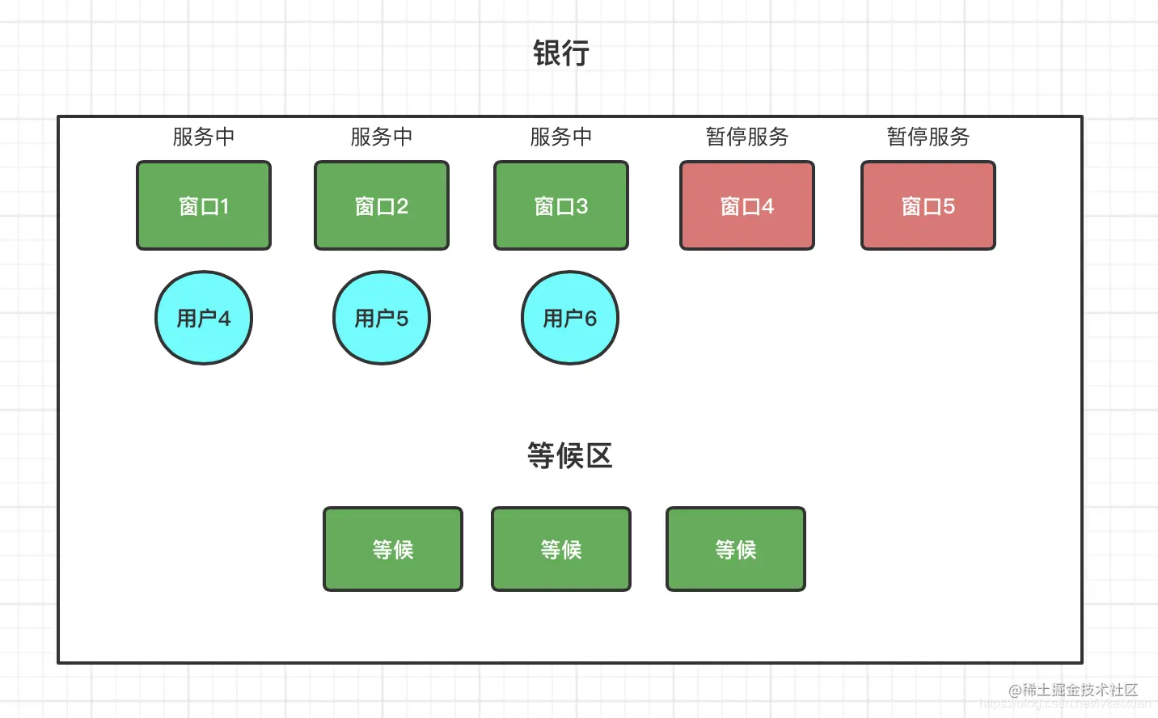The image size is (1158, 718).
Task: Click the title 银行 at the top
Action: (x=561, y=53)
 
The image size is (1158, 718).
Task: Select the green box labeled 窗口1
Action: (x=204, y=205)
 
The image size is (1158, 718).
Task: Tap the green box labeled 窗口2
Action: (x=382, y=205)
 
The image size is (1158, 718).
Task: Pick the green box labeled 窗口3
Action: (x=561, y=205)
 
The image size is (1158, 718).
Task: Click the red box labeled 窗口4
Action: (x=747, y=205)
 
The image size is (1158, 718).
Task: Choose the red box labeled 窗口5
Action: (x=928, y=205)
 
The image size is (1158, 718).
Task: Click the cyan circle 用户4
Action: (x=204, y=318)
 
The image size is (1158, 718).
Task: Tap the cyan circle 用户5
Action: (x=382, y=318)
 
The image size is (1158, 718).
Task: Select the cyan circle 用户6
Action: (x=570, y=318)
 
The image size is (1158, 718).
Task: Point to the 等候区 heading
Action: (x=570, y=456)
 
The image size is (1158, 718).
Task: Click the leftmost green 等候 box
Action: (x=393, y=550)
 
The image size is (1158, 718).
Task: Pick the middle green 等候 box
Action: (x=561, y=550)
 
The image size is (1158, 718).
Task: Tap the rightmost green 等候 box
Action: (x=736, y=550)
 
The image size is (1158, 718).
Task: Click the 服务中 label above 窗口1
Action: (x=204, y=137)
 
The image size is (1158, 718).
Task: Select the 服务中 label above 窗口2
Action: (x=382, y=137)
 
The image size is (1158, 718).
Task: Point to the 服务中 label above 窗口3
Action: (x=561, y=137)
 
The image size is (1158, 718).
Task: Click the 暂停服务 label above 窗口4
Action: (x=747, y=137)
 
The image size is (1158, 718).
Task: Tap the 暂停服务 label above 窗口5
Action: (x=928, y=137)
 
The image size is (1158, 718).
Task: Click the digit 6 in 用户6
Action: (x=590, y=319)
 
